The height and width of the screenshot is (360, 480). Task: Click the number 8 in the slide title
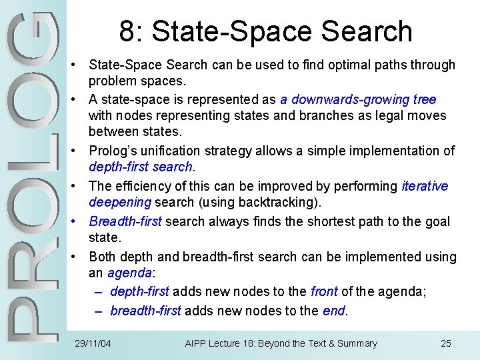pos(127,32)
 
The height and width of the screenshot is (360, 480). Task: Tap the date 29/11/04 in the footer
pos(93,343)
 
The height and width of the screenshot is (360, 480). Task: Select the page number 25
pos(446,343)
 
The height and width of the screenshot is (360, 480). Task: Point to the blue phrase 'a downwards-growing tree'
pos(358,99)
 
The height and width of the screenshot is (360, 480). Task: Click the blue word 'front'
pos(324,291)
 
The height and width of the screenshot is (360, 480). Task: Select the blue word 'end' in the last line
pos(333,311)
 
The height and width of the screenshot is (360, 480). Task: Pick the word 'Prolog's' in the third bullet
pos(115,151)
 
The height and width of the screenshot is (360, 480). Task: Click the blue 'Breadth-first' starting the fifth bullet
pos(125,221)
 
